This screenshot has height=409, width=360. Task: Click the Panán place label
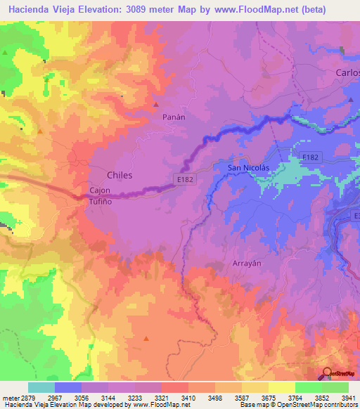[x=174, y=117]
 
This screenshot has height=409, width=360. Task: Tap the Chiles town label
[x=119, y=174]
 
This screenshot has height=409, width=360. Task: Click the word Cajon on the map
[x=101, y=190]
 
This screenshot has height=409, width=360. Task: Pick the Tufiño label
[x=101, y=200]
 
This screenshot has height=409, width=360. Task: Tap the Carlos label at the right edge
[x=347, y=73]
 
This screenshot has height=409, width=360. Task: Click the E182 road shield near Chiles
[x=185, y=180]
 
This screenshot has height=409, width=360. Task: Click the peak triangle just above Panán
[x=156, y=105]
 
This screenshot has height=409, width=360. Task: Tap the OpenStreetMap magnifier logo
[x=328, y=373]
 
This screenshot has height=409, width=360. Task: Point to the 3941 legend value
[x=348, y=398]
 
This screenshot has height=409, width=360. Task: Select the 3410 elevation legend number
[x=188, y=398]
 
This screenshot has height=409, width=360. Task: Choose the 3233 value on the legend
[x=134, y=398]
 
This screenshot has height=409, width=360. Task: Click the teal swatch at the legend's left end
[x=41, y=387]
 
